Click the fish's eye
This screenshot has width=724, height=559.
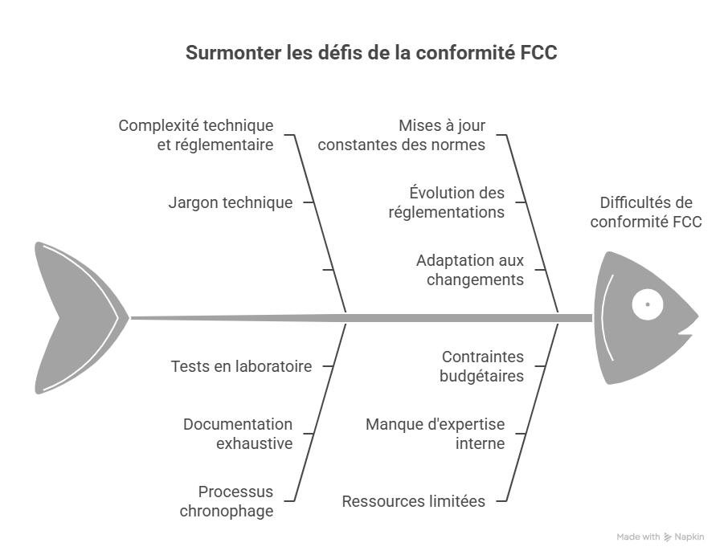[x=647, y=304]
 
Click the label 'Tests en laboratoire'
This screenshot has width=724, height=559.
[x=241, y=366]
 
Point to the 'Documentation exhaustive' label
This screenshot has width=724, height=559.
[x=238, y=433]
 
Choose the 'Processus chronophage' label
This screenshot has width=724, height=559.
[x=236, y=501]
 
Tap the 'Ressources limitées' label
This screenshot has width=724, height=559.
[x=413, y=501]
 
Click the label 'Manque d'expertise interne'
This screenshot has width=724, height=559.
[x=436, y=433]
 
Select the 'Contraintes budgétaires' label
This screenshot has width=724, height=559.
[x=482, y=366]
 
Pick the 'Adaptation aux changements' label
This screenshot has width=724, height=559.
[x=470, y=271]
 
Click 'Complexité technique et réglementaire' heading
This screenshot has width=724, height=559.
[x=196, y=136]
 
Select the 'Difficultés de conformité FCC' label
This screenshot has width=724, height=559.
[x=646, y=212]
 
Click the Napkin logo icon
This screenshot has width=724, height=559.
[x=667, y=537]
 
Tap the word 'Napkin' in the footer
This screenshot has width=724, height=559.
[x=689, y=537]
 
